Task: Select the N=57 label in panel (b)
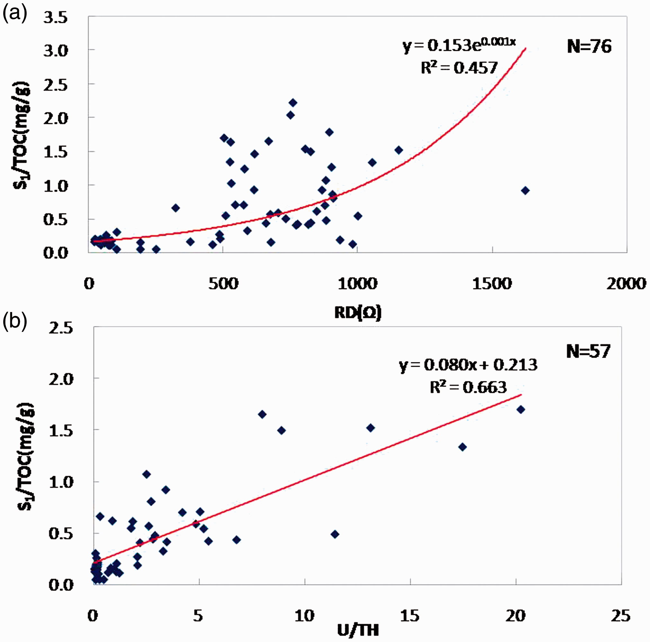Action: point(588,351)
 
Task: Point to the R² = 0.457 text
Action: point(459,67)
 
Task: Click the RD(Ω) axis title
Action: point(358,313)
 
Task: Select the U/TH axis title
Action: point(358,630)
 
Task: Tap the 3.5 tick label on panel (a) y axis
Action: point(56,17)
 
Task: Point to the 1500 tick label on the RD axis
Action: point(492,284)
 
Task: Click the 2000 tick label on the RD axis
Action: point(627,284)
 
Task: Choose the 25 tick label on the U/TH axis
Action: point(621,616)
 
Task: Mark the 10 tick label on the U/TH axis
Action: point(305,616)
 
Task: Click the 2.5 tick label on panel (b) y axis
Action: point(61,328)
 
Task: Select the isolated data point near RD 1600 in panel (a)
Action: point(525,191)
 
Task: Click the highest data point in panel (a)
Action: point(293,103)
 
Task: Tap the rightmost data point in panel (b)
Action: point(521,409)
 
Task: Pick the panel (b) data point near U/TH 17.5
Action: point(463,447)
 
